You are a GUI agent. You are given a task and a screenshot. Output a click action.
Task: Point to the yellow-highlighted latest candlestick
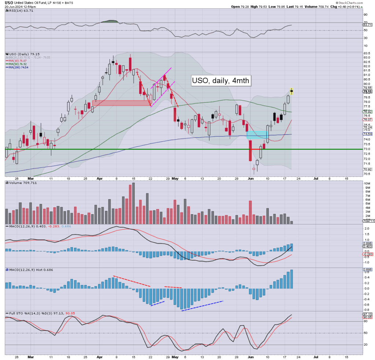point(292,91)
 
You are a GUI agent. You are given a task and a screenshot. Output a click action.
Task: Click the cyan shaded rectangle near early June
point(257,134)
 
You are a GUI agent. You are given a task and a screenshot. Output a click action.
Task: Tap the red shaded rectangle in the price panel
point(121,103)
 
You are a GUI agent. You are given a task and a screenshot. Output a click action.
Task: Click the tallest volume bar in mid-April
point(133,203)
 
